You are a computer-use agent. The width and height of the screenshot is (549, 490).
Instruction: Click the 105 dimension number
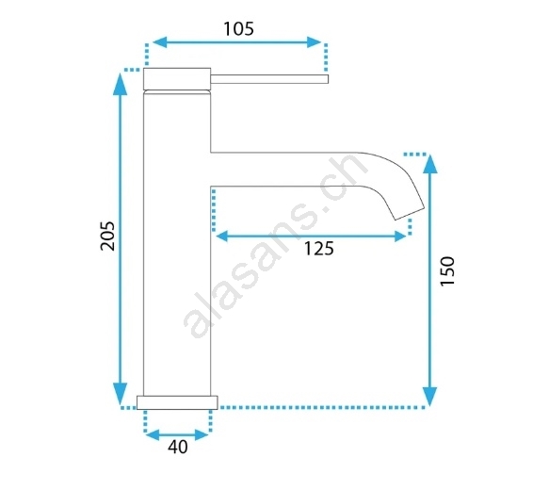(238, 28)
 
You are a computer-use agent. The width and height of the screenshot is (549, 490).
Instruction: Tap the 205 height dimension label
(107, 236)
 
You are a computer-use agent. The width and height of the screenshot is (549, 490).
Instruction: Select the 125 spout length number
(318, 249)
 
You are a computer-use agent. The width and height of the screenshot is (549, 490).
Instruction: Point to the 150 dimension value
(447, 271)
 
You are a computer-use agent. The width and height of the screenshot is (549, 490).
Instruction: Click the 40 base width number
(178, 447)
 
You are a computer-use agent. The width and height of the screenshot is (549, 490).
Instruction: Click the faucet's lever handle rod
(269, 79)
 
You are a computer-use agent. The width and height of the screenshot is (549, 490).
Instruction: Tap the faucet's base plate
(177, 402)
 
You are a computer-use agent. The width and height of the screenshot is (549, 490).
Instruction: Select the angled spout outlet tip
(410, 214)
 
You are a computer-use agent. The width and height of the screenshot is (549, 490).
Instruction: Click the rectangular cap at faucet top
(177, 78)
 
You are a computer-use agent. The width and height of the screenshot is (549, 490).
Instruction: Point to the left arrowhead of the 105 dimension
(160, 42)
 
